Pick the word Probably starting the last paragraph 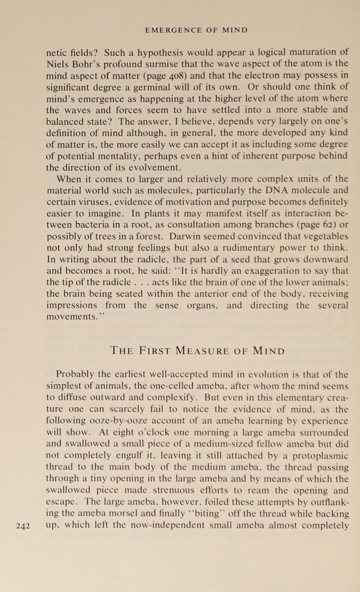75,375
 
